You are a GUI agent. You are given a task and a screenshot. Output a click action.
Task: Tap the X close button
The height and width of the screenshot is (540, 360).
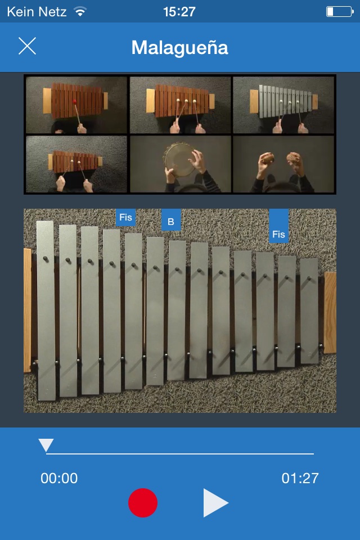click(27, 46)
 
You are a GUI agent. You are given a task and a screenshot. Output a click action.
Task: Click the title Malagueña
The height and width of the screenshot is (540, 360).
click(179, 47)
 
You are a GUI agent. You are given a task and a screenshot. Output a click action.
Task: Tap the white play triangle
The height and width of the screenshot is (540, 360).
click(215, 502)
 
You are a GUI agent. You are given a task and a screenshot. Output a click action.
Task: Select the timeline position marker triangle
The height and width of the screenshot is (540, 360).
click(46, 445)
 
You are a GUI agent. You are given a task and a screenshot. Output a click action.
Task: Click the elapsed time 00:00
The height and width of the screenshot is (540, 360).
click(59, 478)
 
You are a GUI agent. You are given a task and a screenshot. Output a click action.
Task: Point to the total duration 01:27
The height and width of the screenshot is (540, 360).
click(300, 478)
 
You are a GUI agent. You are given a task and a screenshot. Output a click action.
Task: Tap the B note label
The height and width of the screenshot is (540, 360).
click(171, 220)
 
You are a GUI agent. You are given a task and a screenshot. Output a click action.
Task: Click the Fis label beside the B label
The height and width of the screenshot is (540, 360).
click(126, 217)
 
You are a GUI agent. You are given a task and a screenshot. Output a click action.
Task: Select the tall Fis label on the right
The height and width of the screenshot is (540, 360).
click(278, 226)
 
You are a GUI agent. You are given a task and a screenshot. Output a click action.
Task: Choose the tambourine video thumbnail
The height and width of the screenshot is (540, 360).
click(180, 164)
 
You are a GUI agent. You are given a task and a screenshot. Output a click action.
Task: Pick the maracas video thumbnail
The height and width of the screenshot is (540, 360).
click(283, 164)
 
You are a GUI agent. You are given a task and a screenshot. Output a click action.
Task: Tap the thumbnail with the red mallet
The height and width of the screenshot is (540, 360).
click(76, 105)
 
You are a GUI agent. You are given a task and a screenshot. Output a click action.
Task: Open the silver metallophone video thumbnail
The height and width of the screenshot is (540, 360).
click(283, 105)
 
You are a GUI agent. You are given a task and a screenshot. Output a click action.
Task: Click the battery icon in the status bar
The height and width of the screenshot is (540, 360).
click(340, 12)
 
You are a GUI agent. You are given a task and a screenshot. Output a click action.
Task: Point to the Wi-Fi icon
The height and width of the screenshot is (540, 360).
click(80, 12)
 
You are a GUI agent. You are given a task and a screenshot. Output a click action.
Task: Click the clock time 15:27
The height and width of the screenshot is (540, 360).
click(179, 12)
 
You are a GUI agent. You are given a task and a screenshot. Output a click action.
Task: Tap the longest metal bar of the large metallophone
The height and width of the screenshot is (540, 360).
click(46, 310)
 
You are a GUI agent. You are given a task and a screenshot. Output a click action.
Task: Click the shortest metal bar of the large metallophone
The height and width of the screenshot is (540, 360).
click(309, 310)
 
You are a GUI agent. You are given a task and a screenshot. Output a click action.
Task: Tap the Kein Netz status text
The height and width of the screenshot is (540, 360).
click(37, 12)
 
